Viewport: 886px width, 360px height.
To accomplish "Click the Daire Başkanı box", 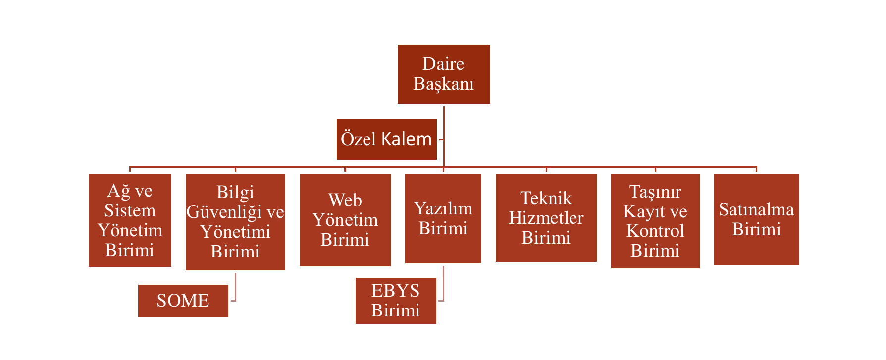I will tap(444, 74).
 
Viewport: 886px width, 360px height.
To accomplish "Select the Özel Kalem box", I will tap(386, 139).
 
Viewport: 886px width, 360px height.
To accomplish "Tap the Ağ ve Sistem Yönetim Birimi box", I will tap(130, 220).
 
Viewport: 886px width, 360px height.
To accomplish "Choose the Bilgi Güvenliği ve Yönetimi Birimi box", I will tap(235, 222).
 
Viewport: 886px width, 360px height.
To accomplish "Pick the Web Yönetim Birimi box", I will tap(345, 220).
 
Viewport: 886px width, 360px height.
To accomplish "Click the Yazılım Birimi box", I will tap(443, 218).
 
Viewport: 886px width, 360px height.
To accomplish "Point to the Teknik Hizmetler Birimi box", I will tap(546, 218).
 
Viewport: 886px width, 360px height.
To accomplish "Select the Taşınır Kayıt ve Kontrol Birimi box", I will tap(655, 221).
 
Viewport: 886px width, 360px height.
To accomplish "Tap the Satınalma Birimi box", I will tap(756, 219).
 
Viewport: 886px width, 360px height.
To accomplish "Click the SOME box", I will tap(183, 301).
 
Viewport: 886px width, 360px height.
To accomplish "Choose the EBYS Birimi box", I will tap(395, 301).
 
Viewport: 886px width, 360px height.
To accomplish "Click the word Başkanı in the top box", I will tap(444, 84).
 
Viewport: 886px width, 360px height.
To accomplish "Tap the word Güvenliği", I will tap(224, 212).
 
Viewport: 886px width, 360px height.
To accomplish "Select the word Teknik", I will tap(546, 198).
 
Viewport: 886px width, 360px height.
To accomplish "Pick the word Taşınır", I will tap(655, 192).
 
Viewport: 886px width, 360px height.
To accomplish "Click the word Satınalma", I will tap(756, 209).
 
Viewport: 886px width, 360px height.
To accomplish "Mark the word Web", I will tap(345, 200).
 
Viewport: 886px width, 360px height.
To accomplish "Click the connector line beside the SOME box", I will tap(235, 287).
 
